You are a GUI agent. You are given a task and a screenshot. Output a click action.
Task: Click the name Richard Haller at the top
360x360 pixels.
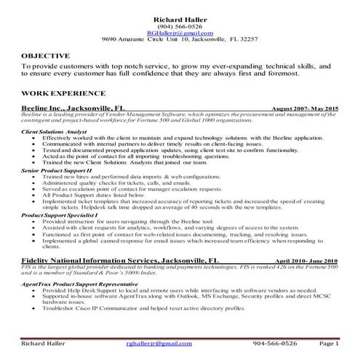tap(180, 18)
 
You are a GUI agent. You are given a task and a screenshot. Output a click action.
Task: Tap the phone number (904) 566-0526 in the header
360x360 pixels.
tap(180, 25)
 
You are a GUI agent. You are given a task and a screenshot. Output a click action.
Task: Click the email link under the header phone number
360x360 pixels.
tap(180, 33)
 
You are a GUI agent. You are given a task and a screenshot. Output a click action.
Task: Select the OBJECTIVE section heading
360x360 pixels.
tap(46, 55)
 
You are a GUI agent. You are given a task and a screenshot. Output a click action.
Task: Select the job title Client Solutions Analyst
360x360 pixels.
tap(54, 132)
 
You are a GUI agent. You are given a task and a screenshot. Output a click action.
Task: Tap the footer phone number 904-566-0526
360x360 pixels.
tap(275, 344)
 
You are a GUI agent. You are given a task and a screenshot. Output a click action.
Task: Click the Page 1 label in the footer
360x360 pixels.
tap(329, 344)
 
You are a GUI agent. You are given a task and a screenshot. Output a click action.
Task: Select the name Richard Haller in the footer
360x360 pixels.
tap(43, 344)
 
